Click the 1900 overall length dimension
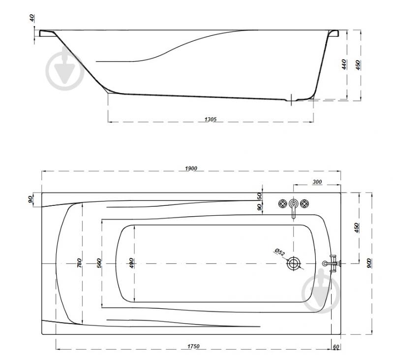pyautogui.click(x=191, y=168)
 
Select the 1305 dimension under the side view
pyautogui.click(x=210, y=119)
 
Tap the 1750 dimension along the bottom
pyautogui.click(x=193, y=346)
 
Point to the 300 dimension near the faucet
pyautogui.click(x=317, y=182)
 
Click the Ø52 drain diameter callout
pyautogui.click(x=280, y=252)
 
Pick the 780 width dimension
pyautogui.click(x=79, y=263)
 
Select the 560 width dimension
pyautogui.click(x=99, y=263)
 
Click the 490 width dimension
pyautogui.click(x=131, y=263)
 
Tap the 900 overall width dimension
pyautogui.click(x=369, y=263)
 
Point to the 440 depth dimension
pyautogui.click(x=344, y=64)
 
